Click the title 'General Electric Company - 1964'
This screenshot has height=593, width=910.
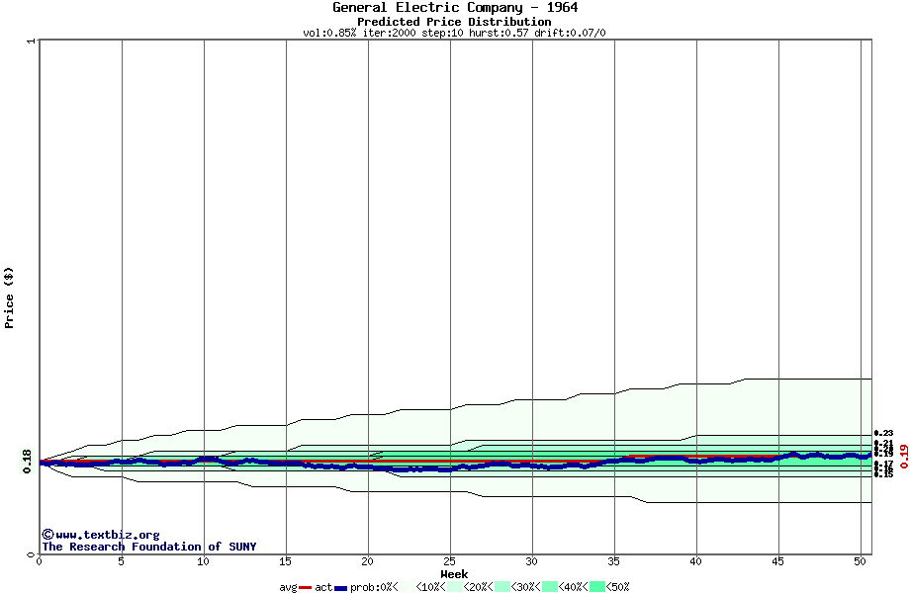[455, 8]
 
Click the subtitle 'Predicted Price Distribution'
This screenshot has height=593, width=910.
[455, 21]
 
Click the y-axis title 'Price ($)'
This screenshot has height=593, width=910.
[10, 297]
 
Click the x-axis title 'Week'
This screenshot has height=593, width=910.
[454, 574]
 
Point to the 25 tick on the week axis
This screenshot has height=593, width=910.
[450, 561]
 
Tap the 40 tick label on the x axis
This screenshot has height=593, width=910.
[696, 561]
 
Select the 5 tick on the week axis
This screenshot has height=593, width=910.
[122, 561]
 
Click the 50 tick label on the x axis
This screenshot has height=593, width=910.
[861, 561]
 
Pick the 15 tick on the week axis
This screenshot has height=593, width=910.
[286, 561]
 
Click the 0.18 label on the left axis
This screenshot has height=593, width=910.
[27, 462]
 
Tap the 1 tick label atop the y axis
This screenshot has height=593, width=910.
[31, 42]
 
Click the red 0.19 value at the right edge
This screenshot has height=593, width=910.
[902, 456]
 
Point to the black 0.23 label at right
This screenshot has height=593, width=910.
[883, 433]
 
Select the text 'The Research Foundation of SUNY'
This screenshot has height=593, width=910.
[149, 547]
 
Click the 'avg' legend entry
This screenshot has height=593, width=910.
[288, 587]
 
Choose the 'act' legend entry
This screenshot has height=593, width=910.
[323, 587]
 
